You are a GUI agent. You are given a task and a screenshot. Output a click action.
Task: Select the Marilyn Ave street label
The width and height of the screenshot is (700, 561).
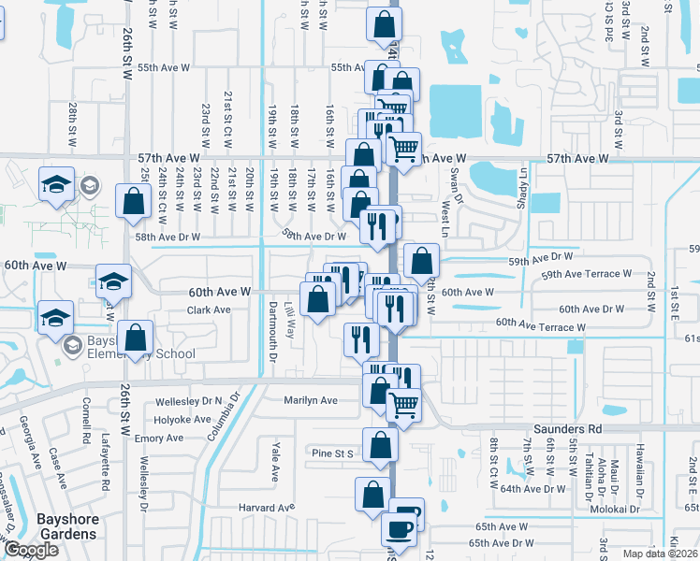tap(311, 400)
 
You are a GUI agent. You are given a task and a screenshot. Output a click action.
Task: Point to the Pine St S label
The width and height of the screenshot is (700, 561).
tap(332, 453)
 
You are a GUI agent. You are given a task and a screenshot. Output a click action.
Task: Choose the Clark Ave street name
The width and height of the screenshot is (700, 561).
tap(209, 309)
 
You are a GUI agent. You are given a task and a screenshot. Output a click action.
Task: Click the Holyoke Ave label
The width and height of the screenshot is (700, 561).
tap(186, 420)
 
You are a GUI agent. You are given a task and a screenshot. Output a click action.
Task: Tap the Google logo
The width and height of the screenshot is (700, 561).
tap(31, 550)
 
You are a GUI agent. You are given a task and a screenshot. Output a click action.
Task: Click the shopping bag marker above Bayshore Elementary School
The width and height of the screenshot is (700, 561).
tap(137, 338)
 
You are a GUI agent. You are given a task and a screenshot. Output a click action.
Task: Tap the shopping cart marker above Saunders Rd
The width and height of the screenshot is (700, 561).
tap(403, 406)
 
